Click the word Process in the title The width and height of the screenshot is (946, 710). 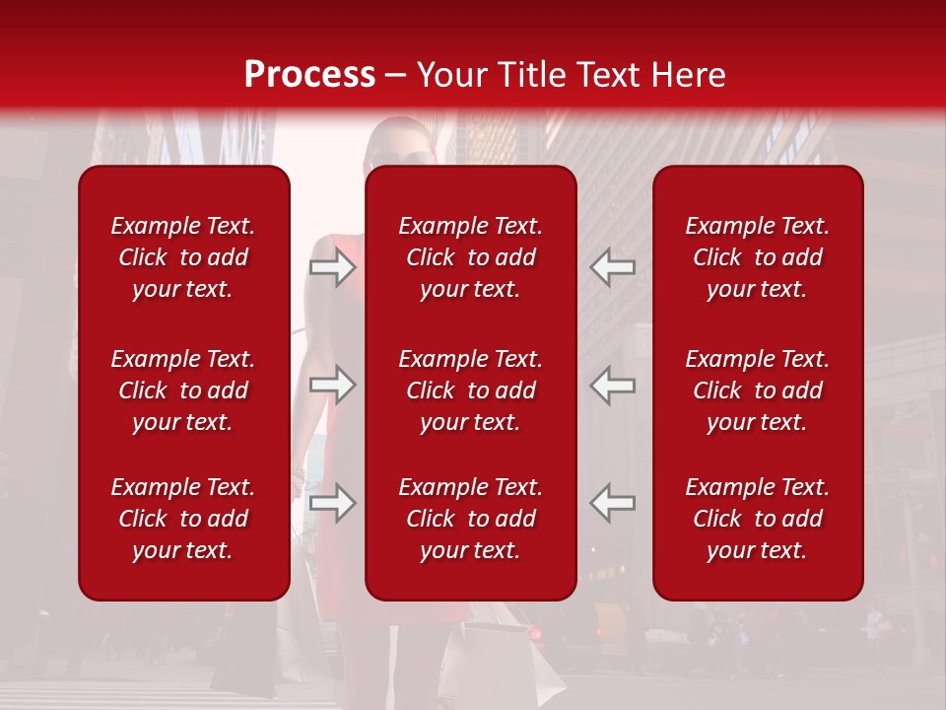[x=309, y=75]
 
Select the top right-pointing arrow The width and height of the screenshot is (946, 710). [x=333, y=267]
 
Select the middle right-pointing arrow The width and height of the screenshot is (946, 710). [x=333, y=385]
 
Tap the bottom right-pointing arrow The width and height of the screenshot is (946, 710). [x=333, y=503]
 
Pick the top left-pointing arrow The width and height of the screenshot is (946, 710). [x=613, y=267]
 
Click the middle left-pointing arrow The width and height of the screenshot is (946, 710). [x=613, y=385]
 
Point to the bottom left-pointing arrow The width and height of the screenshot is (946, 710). [x=613, y=503]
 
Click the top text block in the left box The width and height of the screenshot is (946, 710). [x=183, y=257]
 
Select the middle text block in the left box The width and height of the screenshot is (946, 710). [x=183, y=390]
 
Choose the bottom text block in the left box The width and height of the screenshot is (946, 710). [x=183, y=519]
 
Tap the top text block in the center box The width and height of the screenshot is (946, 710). [x=471, y=257]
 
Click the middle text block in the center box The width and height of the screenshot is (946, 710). [x=471, y=390]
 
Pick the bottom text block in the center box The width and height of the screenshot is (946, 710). [x=471, y=519]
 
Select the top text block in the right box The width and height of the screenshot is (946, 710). [x=758, y=257]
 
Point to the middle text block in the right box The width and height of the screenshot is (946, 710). [x=758, y=390]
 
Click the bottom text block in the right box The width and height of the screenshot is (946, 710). [x=758, y=519]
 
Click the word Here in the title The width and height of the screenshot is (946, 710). [x=688, y=75]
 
